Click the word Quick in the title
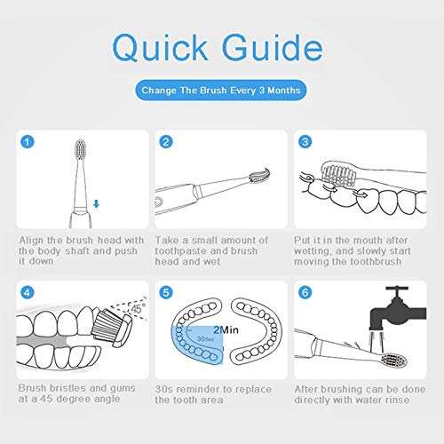coord(160,48)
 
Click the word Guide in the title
coord(273,47)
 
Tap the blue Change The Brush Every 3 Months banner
coord(221,90)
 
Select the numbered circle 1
coord(28,142)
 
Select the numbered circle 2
coord(166,142)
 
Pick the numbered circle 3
coord(305,142)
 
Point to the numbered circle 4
coord(28,293)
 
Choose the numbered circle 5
coord(166,293)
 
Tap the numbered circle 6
coord(305,293)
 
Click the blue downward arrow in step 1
coord(96,204)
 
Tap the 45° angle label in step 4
coord(138,308)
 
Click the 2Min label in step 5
coord(226,329)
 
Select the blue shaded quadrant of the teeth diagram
coord(198,344)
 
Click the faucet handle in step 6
coord(397,289)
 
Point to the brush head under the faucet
coord(395,361)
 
